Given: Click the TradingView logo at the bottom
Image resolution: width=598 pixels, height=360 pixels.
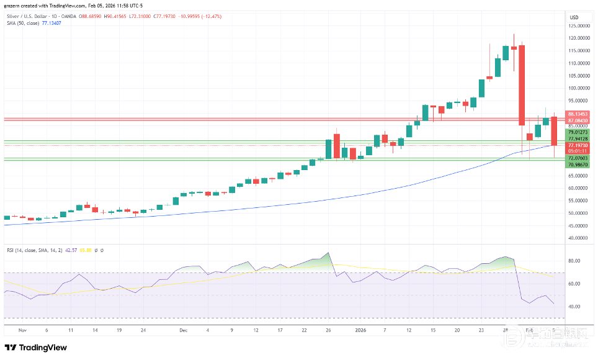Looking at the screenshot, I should [36, 348].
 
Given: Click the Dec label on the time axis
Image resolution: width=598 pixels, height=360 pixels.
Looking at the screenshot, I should [183, 330].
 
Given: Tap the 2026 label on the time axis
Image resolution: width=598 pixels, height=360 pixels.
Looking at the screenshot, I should [360, 330].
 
